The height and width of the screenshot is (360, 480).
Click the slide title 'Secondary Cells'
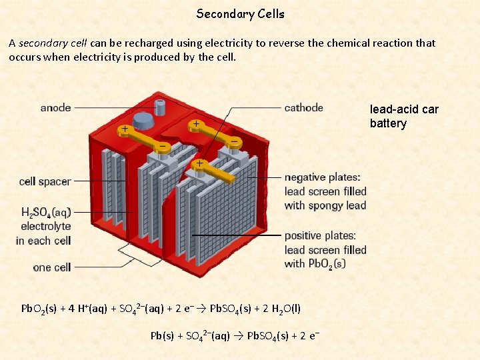click(240, 14)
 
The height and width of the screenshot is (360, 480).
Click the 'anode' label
click(55, 107)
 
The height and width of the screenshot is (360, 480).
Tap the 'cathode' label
click(303, 107)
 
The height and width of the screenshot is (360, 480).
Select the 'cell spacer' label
click(45, 181)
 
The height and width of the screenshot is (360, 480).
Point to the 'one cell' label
click(51, 267)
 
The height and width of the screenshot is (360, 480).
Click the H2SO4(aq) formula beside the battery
click(45, 213)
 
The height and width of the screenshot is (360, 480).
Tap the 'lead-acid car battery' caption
click(404, 116)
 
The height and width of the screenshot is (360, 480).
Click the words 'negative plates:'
click(322, 177)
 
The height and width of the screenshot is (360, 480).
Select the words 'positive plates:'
click(320, 235)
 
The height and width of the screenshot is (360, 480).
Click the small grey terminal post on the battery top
click(159, 104)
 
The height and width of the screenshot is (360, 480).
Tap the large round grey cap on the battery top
click(143, 120)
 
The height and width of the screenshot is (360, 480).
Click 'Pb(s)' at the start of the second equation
click(161, 335)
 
